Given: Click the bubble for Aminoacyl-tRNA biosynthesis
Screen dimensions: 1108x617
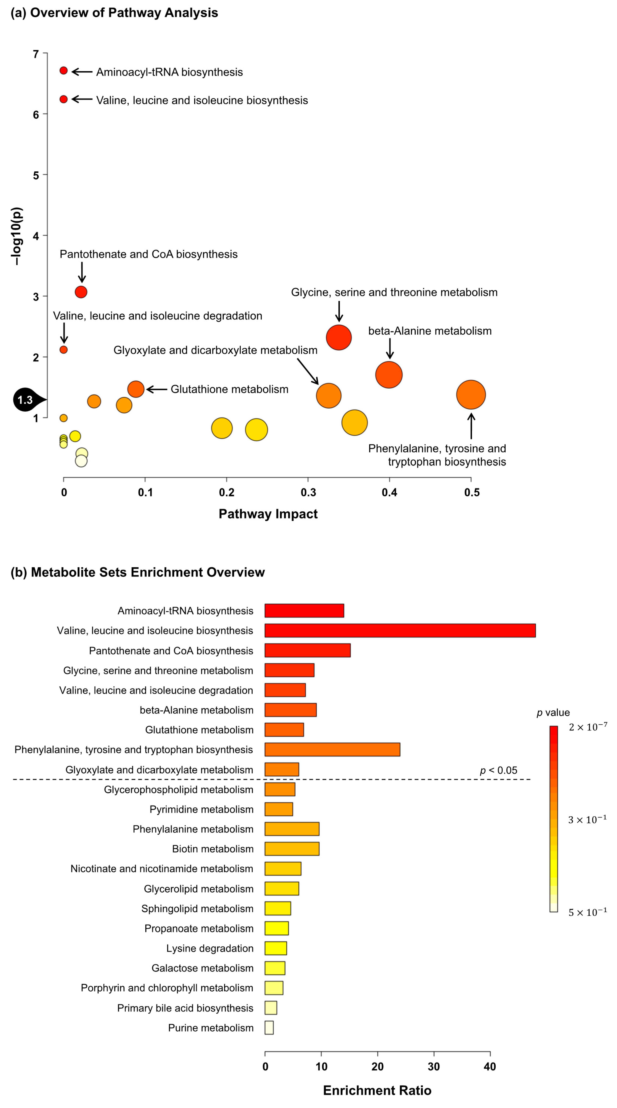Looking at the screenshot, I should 64,70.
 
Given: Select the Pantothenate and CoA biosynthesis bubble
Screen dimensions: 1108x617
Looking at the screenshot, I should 81,292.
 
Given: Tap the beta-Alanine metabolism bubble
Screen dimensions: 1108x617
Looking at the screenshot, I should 389,375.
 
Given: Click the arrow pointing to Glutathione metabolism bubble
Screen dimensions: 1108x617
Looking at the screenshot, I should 157,389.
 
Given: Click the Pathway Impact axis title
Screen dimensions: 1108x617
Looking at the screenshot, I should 268,514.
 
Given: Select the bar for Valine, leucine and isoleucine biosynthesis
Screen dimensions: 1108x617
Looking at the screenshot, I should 400,631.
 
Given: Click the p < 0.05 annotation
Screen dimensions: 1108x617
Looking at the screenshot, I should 498,770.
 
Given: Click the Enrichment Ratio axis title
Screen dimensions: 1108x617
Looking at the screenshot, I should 377,1090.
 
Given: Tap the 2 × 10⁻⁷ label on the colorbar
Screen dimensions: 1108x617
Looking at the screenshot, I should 587,727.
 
